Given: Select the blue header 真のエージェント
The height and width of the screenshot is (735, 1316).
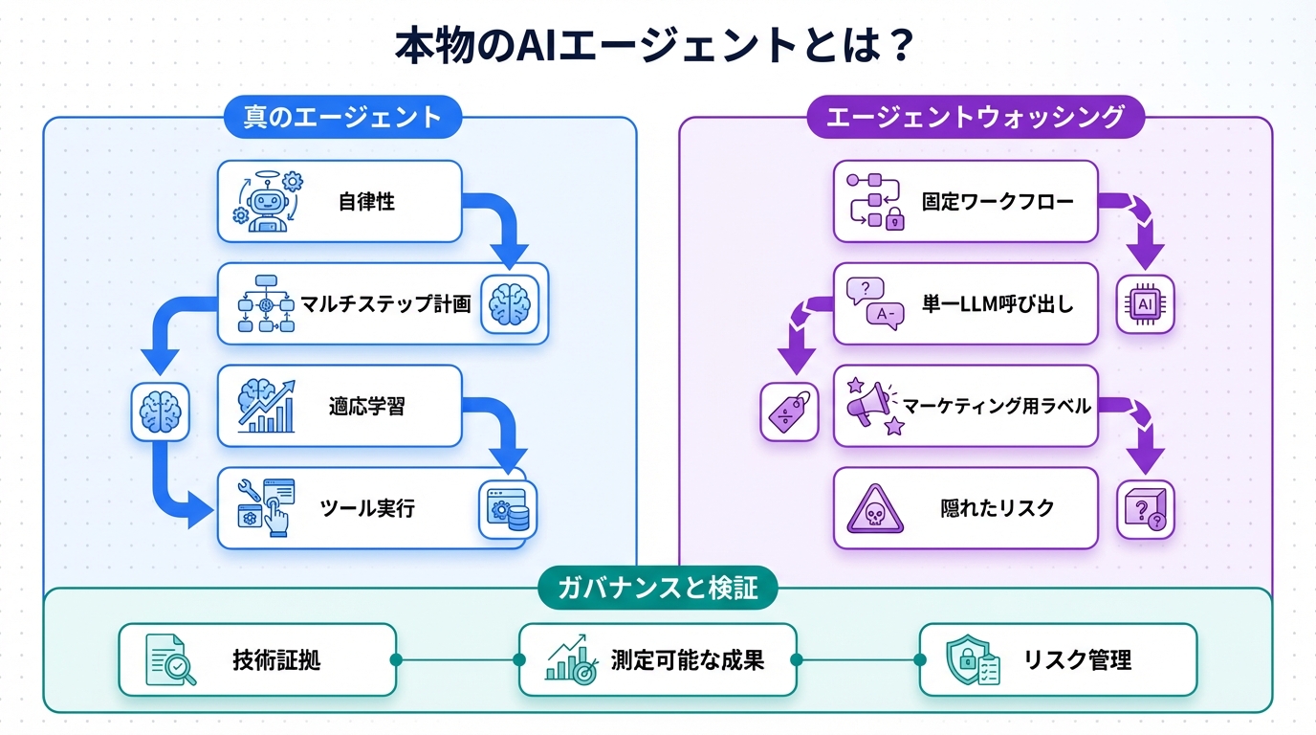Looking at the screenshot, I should pyautogui.click(x=342, y=118).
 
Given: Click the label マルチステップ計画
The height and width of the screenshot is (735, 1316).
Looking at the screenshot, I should pyautogui.click(x=386, y=304).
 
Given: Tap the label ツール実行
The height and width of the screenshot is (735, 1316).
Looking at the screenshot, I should pyautogui.click(x=368, y=508).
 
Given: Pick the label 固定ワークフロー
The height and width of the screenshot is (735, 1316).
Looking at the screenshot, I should pyautogui.click(x=998, y=202).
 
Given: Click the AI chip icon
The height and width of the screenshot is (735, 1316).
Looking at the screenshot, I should pyautogui.click(x=1145, y=304).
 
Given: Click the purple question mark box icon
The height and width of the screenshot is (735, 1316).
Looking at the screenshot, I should pyautogui.click(x=1145, y=509).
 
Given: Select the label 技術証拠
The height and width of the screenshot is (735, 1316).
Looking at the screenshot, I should pyautogui.click(x=269, y=659).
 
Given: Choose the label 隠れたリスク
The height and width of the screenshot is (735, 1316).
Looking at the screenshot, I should pyautogui.click(x=998, y=508).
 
